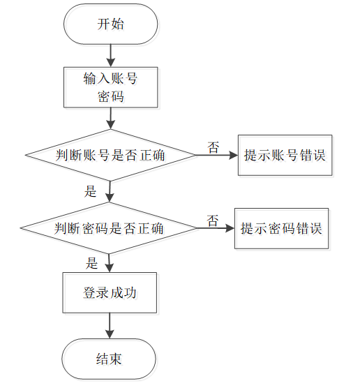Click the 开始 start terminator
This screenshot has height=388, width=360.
(x=111, y=24)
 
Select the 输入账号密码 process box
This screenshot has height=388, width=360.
(x=111, y=87)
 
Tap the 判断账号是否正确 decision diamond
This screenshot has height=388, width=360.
(x=111, y=155)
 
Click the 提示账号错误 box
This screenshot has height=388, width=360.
(x=285, y=155)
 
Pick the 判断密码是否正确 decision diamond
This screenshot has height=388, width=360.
(x=109, y=228)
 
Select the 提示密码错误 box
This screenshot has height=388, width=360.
(x=282, y=228)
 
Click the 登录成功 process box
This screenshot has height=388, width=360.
(x=110, y=292)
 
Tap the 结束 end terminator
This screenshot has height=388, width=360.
(x=109, y=359)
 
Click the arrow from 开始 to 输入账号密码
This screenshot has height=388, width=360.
(x=111, y=56)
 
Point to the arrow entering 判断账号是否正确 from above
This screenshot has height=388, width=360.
(x=111, y=119)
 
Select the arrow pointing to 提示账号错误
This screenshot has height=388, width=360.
(x=217, y=155)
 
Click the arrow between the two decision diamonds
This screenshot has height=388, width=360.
(x=110, y=191)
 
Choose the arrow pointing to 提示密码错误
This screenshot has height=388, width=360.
(x=216, y=228)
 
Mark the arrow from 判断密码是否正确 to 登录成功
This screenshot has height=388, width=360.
(x=109, y=263)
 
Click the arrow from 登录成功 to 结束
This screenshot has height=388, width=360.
(x=110, y=326)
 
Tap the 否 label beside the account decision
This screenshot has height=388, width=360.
(x=213, y=147)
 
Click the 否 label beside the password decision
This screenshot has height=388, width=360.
(x=213, y=221)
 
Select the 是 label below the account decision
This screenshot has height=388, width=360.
(x=90, y=191)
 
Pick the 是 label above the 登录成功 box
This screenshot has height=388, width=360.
(x=91, y=263)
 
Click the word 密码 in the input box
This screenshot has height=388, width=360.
(x=111, y=96)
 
